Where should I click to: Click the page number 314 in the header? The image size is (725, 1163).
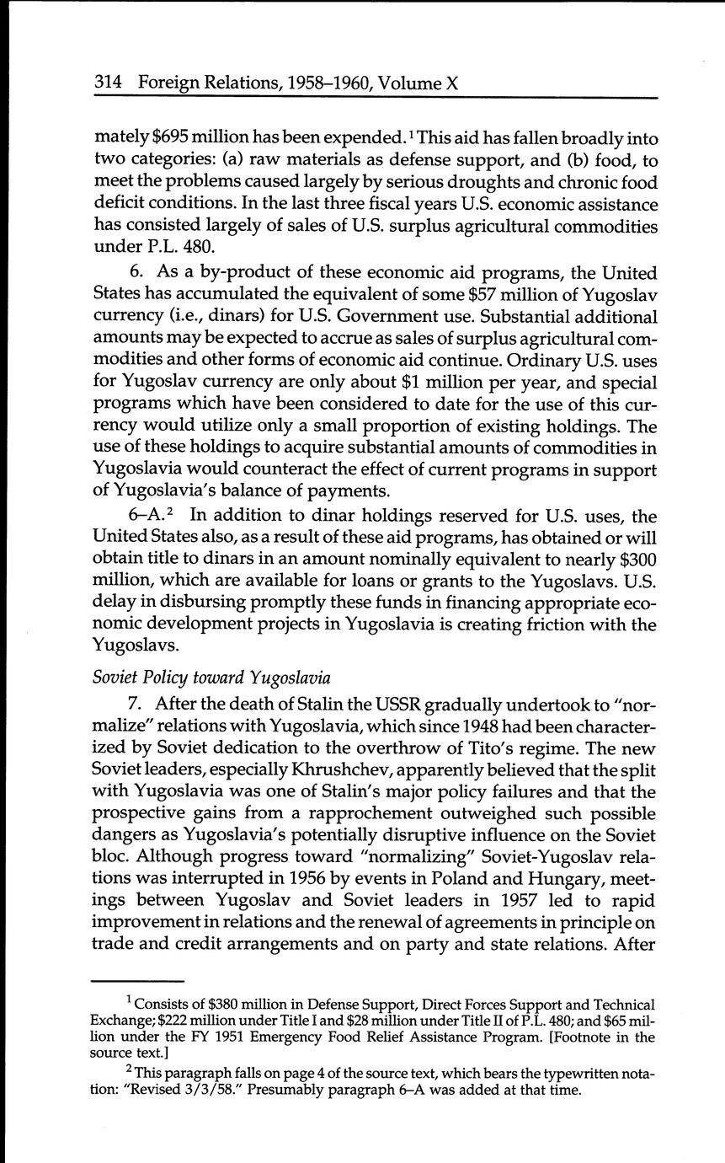pos(108,83)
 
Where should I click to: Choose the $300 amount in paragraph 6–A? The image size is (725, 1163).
pos(636,559)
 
